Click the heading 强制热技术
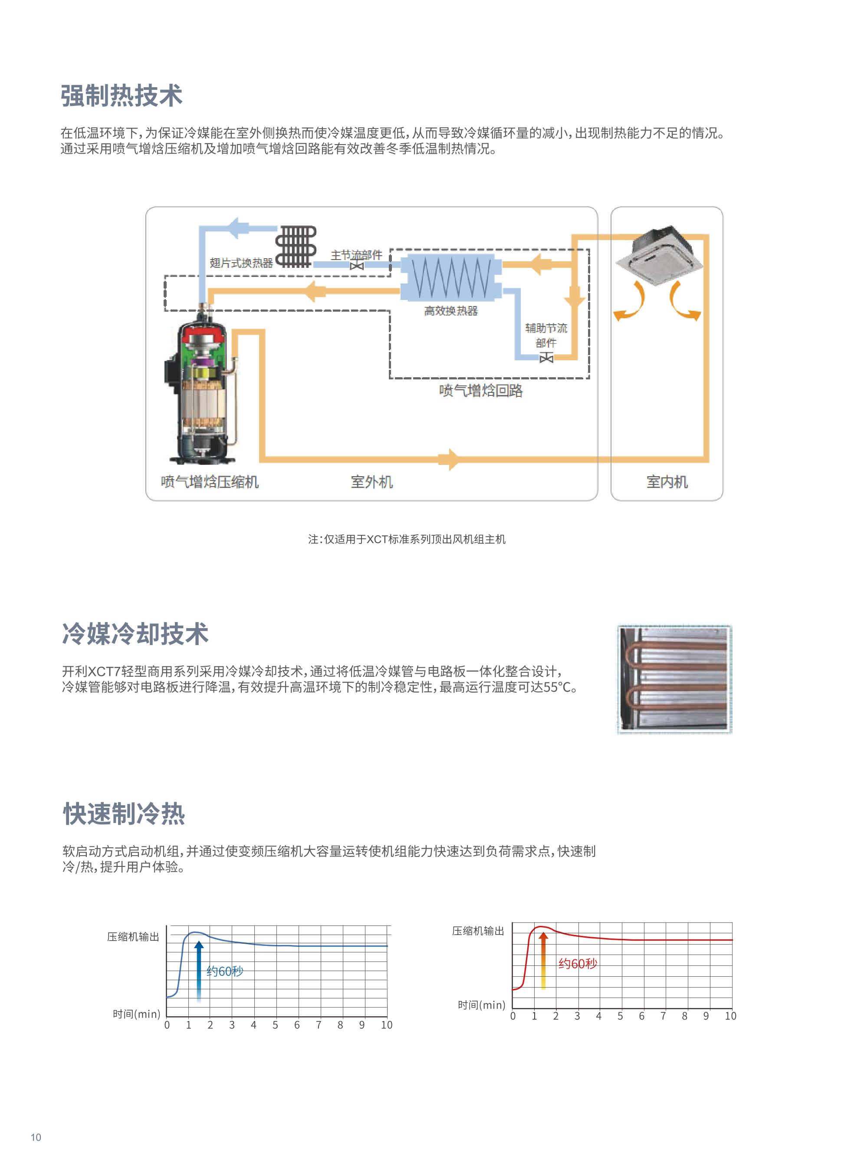pos(122,96)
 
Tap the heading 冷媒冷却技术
pos(135,634)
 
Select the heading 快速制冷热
pos(124,813)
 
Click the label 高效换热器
pos(451,311)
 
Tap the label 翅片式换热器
pos(241,263)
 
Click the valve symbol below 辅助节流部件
pos(546,358)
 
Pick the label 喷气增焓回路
pos(480,391)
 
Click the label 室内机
pos(667,482)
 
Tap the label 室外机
pos(371,482)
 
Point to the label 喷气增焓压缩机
pos(210,482)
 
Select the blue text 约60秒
pos(225,971)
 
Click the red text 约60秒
pos(578,964)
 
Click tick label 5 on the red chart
pos(620,1016)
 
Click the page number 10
pos(36,1137)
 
